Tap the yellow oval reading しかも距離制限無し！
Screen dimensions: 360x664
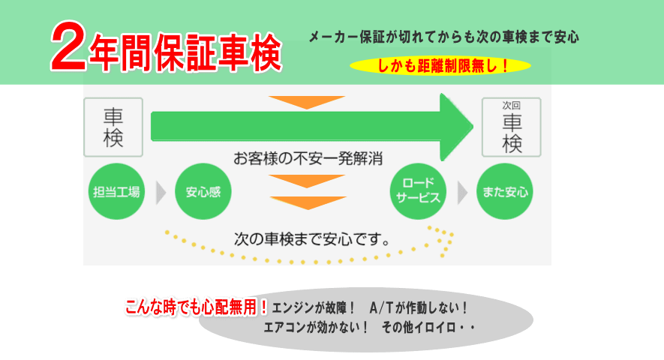440,66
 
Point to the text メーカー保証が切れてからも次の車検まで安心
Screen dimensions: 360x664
443,37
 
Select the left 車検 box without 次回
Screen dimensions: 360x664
113,127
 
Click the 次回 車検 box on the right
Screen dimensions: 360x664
511,127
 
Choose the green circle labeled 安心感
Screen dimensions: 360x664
203,192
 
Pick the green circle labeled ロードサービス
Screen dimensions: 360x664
419,192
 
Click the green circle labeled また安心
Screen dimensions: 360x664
504,192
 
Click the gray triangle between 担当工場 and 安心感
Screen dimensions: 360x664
160,193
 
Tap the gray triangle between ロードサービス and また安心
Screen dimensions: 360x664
462,193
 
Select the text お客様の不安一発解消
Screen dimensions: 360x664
308,159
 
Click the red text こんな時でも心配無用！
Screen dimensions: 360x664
197,307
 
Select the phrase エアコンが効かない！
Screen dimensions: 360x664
317,328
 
